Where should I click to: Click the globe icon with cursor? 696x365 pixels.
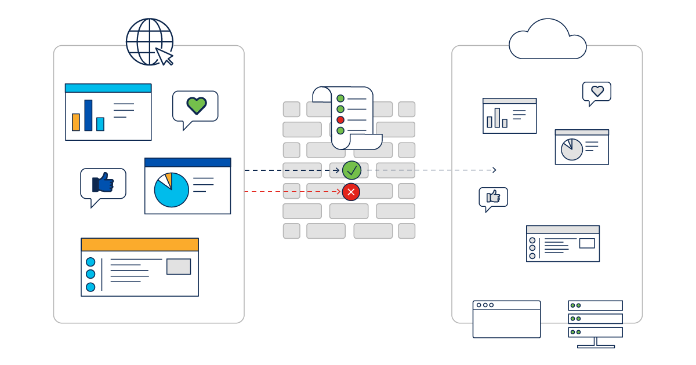pos(149,42)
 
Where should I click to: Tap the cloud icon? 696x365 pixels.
pos(547,41)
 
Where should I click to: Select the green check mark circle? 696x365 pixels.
pos(351,170)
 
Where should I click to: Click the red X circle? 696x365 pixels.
pos(350,191)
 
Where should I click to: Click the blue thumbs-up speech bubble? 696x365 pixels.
pos(103,184)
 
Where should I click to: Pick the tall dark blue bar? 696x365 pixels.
pos(88,115)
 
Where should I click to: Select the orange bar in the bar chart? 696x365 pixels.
pos(76,122)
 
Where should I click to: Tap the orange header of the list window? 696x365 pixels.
pos(140,244)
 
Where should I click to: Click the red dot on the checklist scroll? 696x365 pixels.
pos(340,120)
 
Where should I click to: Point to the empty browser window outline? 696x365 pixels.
pos(506,319)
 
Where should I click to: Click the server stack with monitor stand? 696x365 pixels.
pos(595,323)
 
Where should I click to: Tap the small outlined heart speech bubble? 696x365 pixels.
pos(597,92)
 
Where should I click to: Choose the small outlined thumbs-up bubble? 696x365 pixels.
pos(493,198)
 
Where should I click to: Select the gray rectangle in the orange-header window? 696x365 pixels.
pos(179,267)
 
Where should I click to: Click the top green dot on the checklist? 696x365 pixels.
pos(340,98)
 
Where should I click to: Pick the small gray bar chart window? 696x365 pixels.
pos(509,116)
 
